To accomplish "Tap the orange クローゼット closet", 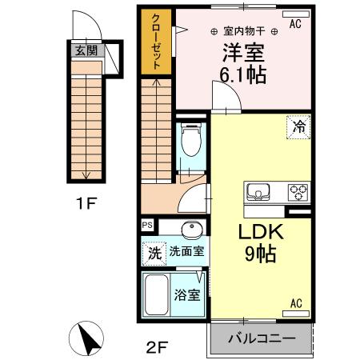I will point(156,44).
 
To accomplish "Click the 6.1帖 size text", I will point(243,77).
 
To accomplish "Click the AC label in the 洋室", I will point(295,25).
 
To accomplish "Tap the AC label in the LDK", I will point(295,303).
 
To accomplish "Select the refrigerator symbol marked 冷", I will point(299,126).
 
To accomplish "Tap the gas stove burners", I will point(298,192).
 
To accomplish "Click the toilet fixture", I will point(190,144).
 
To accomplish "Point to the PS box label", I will point(147,226).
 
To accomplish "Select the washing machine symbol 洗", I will point(153,253).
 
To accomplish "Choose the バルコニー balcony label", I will point(258,339).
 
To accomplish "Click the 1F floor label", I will point(86,202).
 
